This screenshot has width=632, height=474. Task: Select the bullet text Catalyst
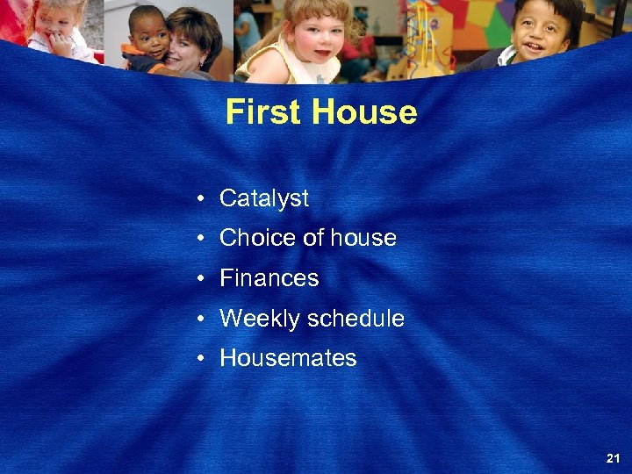[x=263, y=198]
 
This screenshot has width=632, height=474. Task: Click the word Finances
[x=269, y=278]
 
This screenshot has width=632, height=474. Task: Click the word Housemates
[x=288, y=358]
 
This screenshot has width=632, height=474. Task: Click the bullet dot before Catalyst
[x=202, y=199]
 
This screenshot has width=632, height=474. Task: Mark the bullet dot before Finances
[x=202, y=279]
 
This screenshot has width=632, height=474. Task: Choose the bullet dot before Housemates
[x=202, y=359]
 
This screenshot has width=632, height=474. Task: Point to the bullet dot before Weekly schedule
[x=202, y=320]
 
